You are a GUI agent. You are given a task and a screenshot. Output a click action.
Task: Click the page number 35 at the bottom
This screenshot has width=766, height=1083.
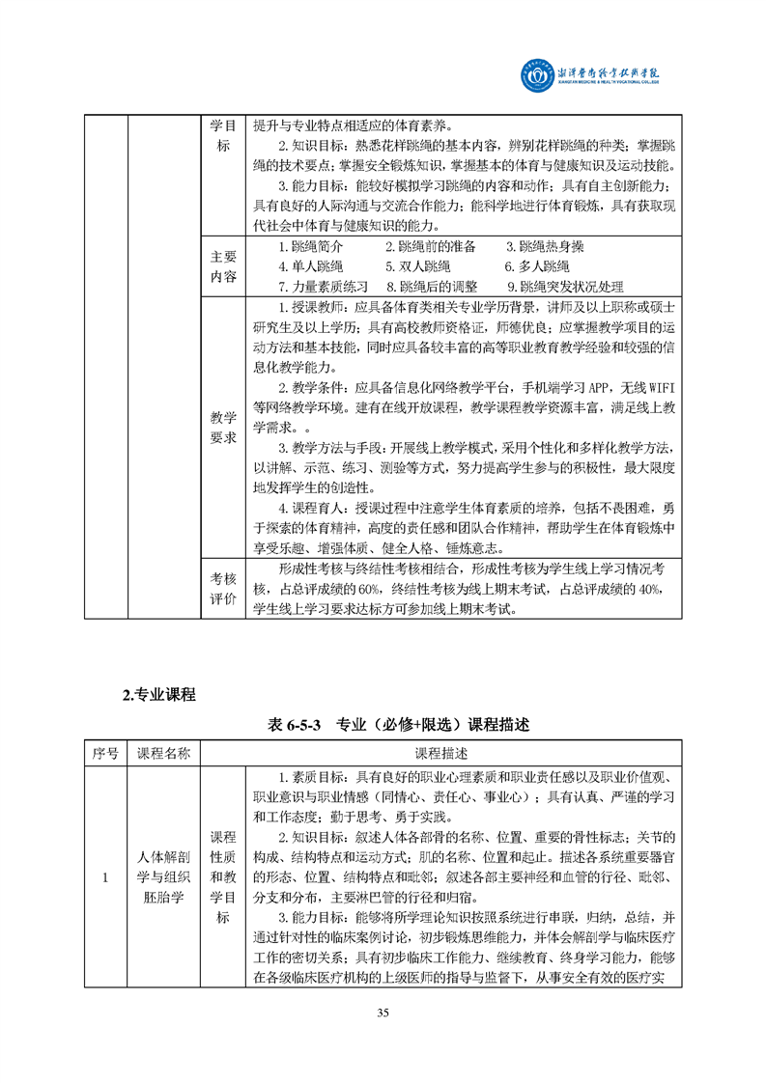pyautogui.click(x=383, y=1013)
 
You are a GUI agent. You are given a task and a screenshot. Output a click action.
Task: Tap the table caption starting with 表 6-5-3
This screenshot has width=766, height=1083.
pyautogui.click(x=383, y=724)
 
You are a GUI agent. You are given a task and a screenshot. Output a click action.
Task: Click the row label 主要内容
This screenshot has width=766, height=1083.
pyautogui.click(x=223, y=266)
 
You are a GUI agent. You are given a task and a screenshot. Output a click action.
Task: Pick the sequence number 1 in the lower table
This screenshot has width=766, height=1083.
pyautogui.click(x=105, y=877)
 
